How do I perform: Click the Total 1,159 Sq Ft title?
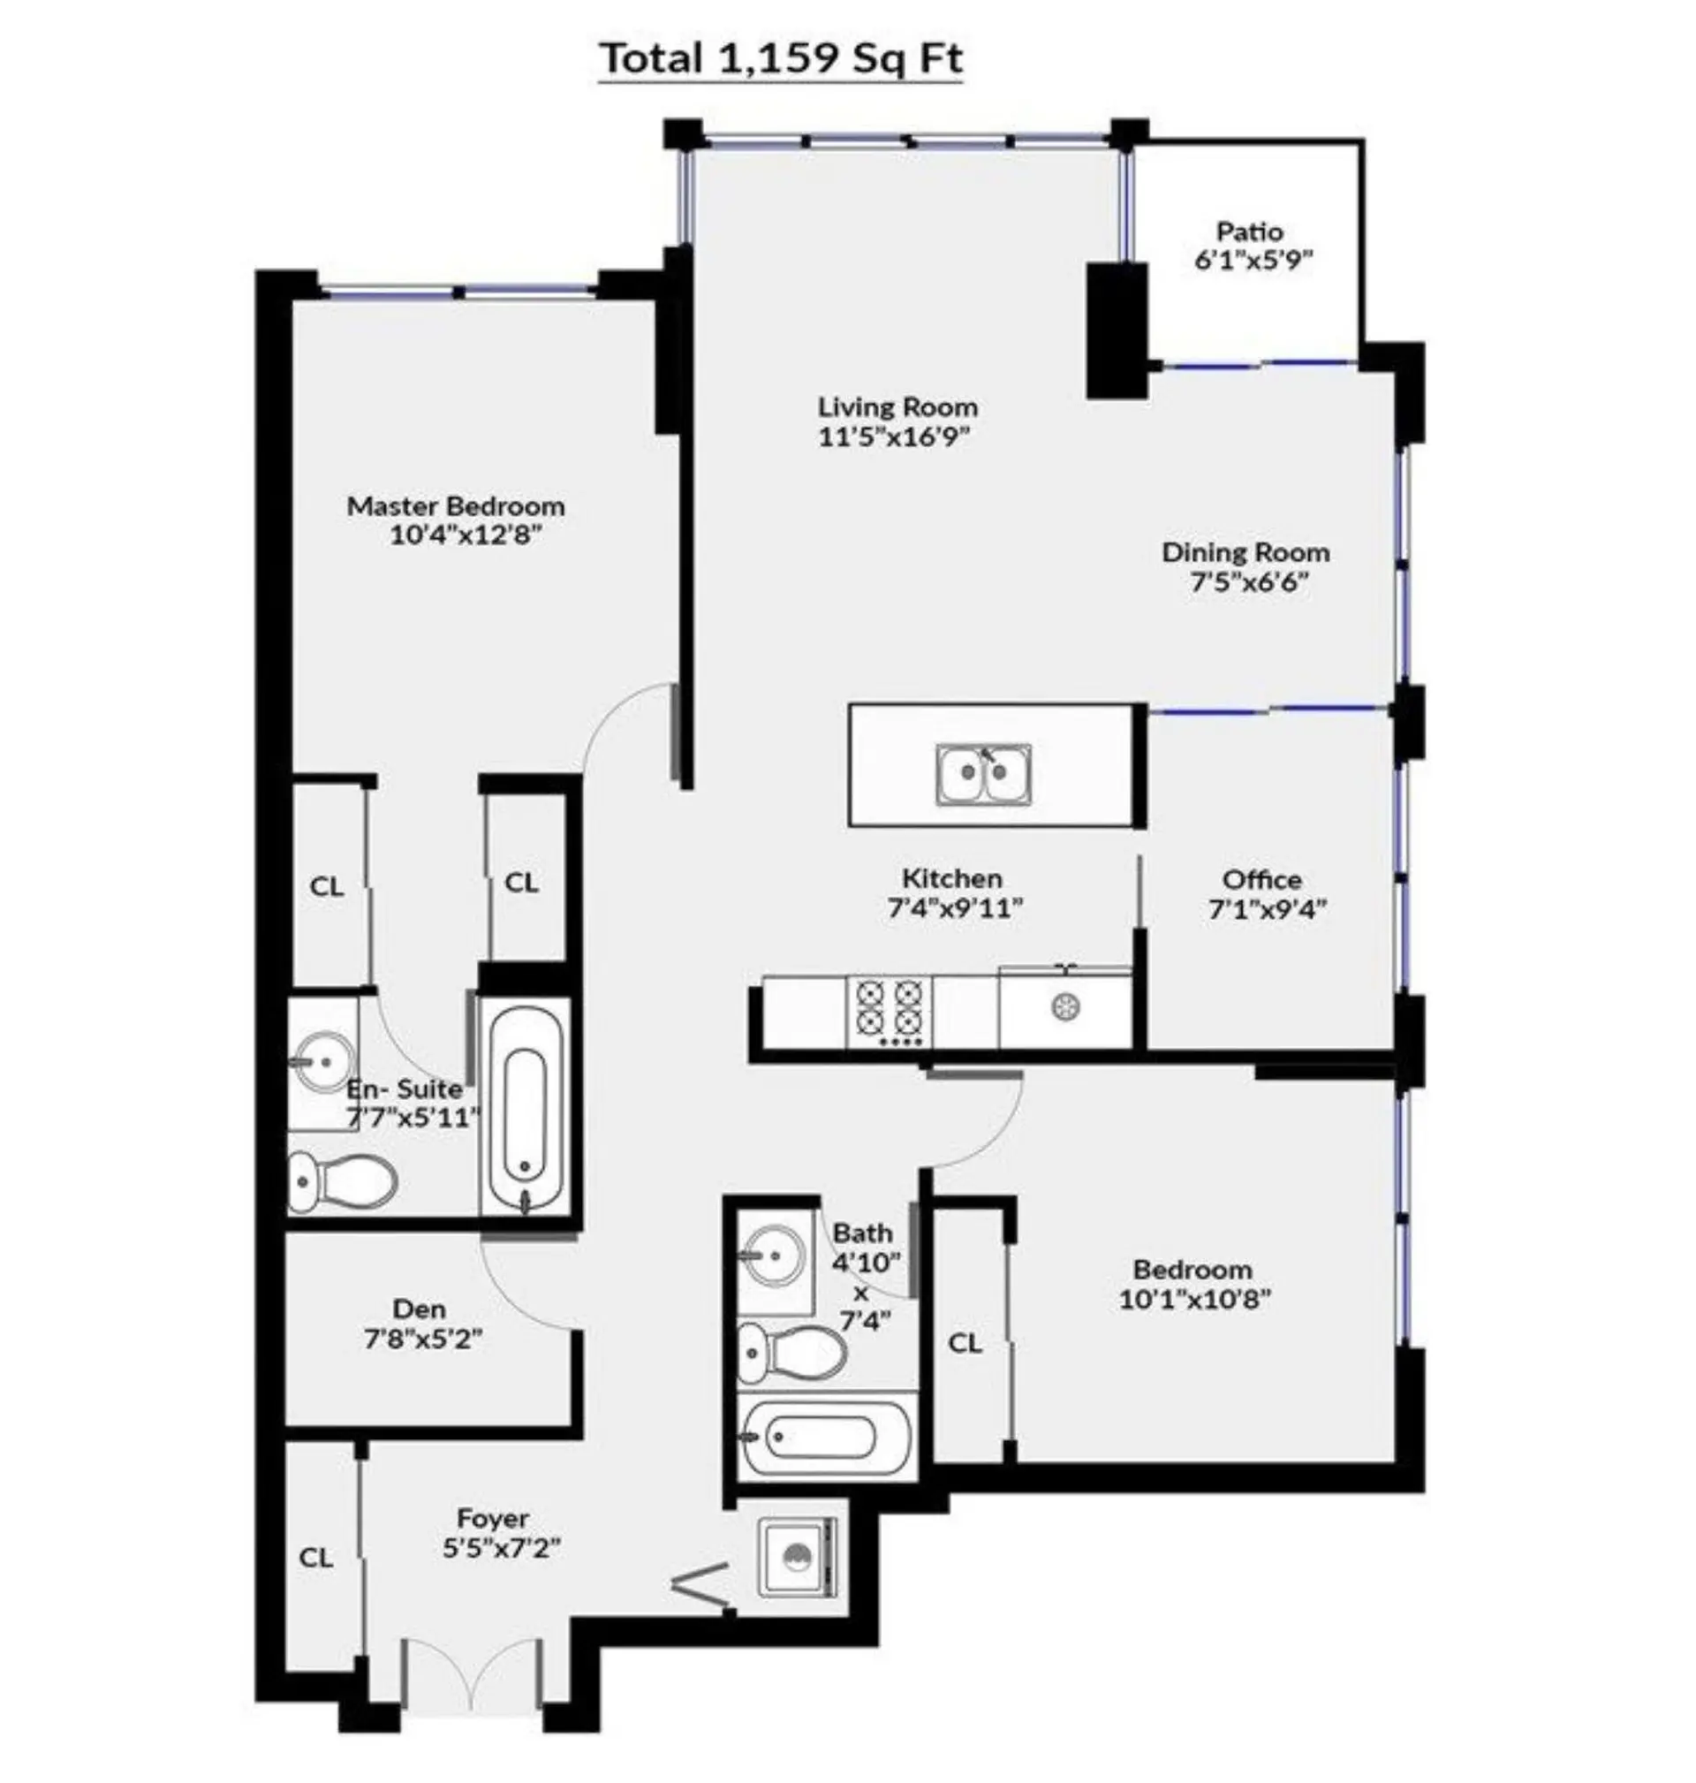pyautogui.click(x=782, y=59)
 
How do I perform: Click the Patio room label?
pyautogui.click(x=1250, y=232)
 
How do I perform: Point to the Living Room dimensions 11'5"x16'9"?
pyautogui.click(x=894, y=437)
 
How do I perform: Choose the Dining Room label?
pyautogui.click(x=1245, y=552)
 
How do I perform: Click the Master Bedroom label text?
pyautogui.click(x=456, y=506)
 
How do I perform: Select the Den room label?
pyautogui.click(x=420, y=1309)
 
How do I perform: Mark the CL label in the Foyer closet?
pyautogui.click(x=316, y=1557)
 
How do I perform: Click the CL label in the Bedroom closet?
pyautogui.click(x=965, y=1344)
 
